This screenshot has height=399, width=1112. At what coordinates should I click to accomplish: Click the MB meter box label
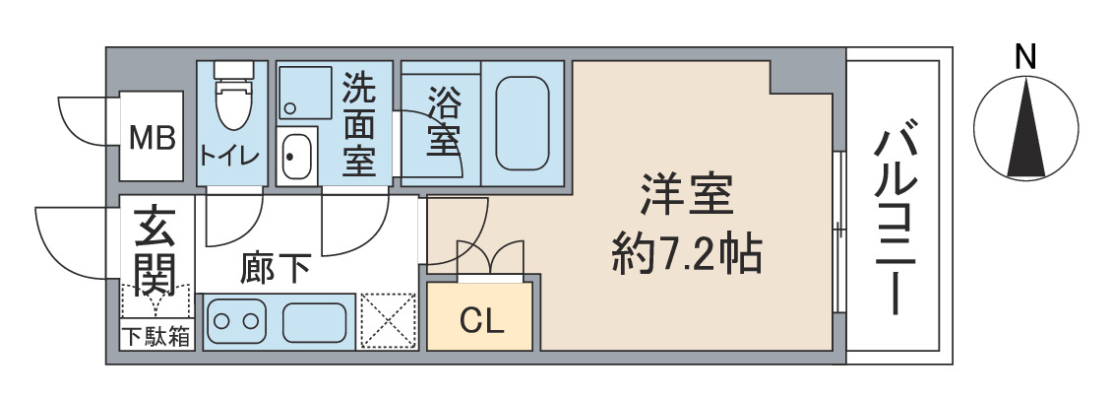pos(153,136)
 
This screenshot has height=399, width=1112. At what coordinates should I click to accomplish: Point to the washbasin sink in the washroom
pos(296,156)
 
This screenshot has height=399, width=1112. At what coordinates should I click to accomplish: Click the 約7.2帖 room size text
pos(686,255)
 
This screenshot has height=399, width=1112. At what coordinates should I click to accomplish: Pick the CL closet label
pos(482,319)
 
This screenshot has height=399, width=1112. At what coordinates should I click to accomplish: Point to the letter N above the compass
pos(1025,58)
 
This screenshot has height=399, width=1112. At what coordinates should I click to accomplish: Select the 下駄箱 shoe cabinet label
pos(156,337)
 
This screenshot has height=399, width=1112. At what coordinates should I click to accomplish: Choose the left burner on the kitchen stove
pos(222,321)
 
